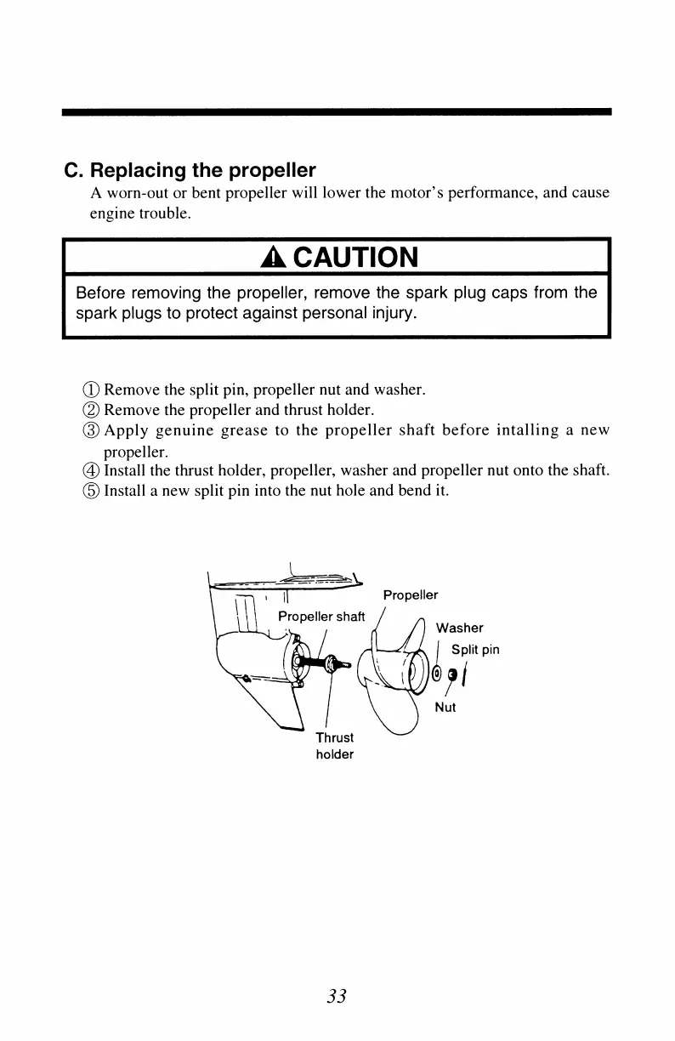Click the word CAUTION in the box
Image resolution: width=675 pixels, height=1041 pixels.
349,256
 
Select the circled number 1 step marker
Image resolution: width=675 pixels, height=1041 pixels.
94,391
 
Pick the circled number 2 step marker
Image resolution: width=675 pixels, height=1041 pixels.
94,410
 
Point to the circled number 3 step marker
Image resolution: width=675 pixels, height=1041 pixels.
94,429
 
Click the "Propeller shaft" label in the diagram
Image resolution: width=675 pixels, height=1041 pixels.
322,617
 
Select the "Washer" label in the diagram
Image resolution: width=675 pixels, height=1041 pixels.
459,629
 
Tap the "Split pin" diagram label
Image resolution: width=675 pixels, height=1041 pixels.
474,651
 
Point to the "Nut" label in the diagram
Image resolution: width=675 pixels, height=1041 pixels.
445,707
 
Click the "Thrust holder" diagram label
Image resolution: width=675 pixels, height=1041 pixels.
334,746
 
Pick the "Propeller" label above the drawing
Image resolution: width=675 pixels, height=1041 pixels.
411,595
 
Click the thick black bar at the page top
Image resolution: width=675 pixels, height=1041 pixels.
337,111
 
